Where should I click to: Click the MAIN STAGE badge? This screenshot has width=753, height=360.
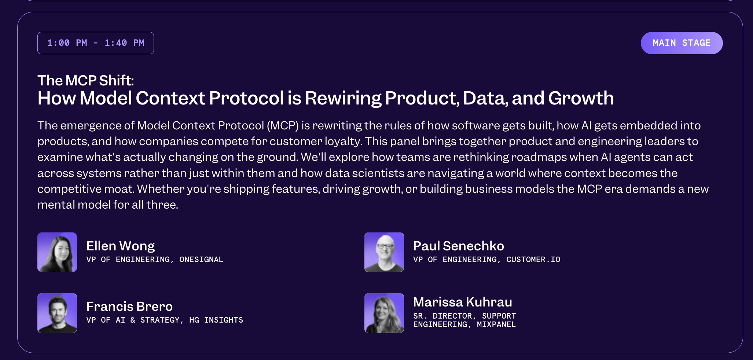(x=682, y=43)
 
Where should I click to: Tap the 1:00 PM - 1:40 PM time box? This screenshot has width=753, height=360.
(x=96, y=43)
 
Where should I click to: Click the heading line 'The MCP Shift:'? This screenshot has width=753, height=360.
(x=86, y=80)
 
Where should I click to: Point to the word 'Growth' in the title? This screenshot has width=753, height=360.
(x=581, y=98)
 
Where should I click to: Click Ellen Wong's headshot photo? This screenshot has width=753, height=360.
(x=57, y=252)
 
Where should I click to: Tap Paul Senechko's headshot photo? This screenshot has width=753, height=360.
(x=384, y=252)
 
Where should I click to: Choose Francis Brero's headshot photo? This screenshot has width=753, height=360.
(x=57, y=313)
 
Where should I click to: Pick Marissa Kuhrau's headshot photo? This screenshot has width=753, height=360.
(x=384, y=313)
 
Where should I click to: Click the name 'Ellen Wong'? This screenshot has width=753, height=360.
(x=121, y=246)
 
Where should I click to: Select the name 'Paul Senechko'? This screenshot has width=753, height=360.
(x=459, y=246)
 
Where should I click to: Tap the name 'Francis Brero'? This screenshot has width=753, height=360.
(x=129, y=306)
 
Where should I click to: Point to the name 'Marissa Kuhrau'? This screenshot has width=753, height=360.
(x=463, y=302)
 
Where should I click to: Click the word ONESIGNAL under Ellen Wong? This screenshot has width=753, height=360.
(x=201, y=260)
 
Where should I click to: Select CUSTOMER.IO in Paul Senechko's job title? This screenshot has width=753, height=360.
(x=533, y=260)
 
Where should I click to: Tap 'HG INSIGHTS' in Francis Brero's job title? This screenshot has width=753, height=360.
(x=216, y=320)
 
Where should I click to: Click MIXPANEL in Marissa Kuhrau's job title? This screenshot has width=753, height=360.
(x=496, y=324)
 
